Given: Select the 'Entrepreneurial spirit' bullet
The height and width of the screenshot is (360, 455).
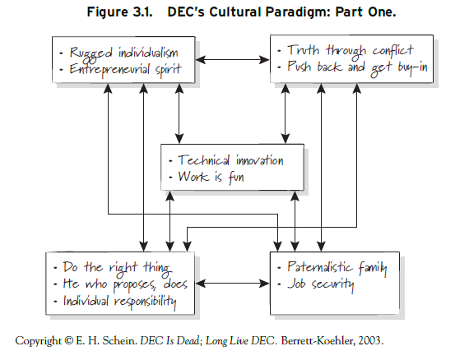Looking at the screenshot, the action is [x=125, y=70].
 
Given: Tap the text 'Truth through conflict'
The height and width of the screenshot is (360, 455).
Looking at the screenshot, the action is [x=351, y=50].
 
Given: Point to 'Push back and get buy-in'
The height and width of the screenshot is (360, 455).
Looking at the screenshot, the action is [x=357, y=67].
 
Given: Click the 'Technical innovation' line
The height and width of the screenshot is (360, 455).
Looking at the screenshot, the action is [x=230, y=160].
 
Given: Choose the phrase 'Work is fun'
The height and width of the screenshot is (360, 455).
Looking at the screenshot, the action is [x=211, y=177].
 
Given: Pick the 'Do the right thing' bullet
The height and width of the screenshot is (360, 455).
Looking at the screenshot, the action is [x=118, y=268].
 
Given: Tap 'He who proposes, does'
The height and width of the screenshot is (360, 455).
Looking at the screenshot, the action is [x=125, y=284].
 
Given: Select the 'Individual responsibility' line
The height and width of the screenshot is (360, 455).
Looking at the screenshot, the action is [x=119, y=302].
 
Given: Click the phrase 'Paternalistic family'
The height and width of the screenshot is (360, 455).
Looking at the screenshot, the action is [x=337, y=268].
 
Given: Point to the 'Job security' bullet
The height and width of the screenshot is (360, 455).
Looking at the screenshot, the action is [x=321, y=284].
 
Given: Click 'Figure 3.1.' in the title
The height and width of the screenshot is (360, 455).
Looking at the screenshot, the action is [x=119, y=12].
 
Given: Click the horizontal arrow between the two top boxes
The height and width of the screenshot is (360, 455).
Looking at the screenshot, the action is [x=233, y=60].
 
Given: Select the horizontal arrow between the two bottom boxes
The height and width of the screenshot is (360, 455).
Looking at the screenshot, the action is [x=233, y=284].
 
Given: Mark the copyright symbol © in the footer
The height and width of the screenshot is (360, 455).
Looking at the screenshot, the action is [x=68, y=340].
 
